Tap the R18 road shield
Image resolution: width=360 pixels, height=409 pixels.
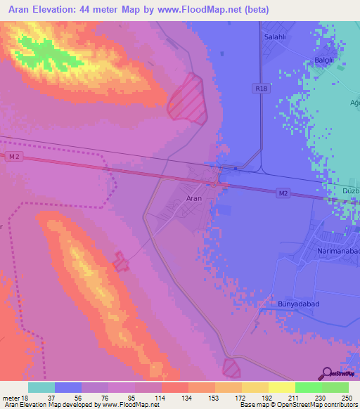point(262,89)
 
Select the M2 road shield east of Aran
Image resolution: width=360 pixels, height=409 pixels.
point(282,193)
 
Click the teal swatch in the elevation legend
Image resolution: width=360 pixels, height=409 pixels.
point(41,387)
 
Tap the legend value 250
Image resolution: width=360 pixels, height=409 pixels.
point(346,398)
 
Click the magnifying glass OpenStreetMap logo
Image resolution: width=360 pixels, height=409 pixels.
point(327,373)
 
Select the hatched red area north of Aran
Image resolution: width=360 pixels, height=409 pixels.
point(187,99)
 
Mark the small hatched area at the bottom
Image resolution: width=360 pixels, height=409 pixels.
point(231,367)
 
